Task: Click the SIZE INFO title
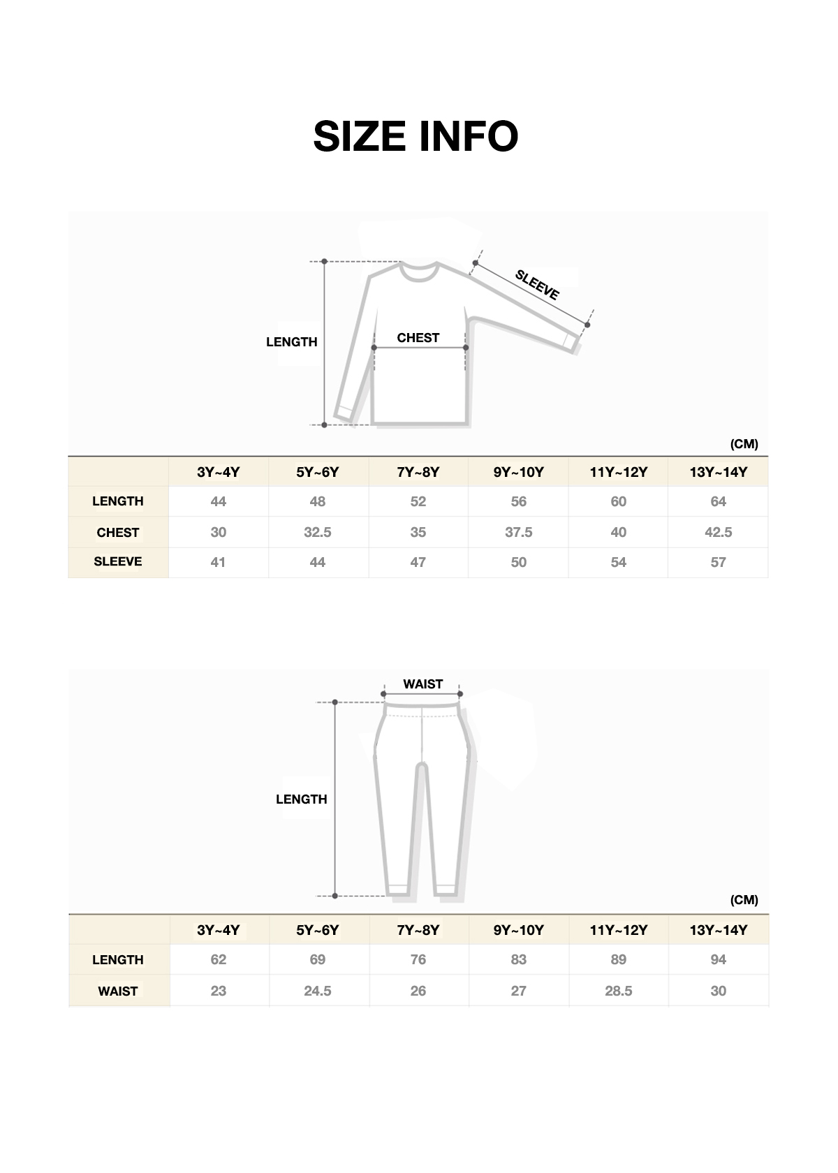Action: click(x=416, y=136)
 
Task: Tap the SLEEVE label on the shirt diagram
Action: click(x=537, y=285)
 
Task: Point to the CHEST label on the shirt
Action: click(x=418, y=338)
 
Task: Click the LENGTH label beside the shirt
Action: click(x=291, y=342)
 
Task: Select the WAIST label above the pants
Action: click(x=422, y=684)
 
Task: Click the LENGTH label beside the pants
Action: click(x=301, y=799)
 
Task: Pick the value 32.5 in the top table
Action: click(x=318, y=533)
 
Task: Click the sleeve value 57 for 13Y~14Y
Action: click(x=718, y=563)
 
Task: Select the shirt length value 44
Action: click(x=218, y=502)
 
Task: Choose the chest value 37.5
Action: click(x=518, y=533)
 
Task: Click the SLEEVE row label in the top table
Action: click(x=118, y=562)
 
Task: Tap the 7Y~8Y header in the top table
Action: click(x=418, y=473)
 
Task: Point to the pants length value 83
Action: click(x=518, y=960)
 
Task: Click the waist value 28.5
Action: click(x=618, y=991)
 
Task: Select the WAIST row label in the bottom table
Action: click(x=118, y=991)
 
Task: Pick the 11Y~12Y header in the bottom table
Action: click(x=618, y=931)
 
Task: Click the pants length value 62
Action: click(x=218, y=960)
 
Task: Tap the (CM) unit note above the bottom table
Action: click(x=744, y=900)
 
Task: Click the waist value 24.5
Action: click(x=318, y=991)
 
